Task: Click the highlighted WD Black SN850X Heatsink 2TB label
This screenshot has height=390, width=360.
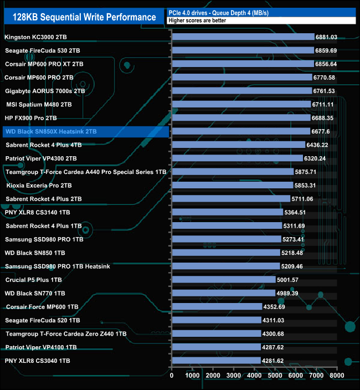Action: click(50, 132)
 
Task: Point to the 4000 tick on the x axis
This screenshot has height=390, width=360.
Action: click(254, 376)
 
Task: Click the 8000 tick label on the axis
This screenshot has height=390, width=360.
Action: click(336, 376)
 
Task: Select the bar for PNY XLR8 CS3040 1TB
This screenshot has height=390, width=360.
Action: click(217, 361)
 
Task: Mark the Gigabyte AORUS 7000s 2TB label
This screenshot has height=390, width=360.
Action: click(45, 91)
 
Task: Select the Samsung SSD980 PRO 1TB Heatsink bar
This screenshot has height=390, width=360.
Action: click(226, 266)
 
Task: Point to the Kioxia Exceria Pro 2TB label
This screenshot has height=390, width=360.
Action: click(39, 186)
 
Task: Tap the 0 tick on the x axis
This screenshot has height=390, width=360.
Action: click(172, 376)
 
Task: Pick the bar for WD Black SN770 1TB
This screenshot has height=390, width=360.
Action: click(224, 293)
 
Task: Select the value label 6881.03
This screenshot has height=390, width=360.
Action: click(326, 37)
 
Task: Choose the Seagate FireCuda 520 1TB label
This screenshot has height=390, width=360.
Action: click(42, 320)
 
